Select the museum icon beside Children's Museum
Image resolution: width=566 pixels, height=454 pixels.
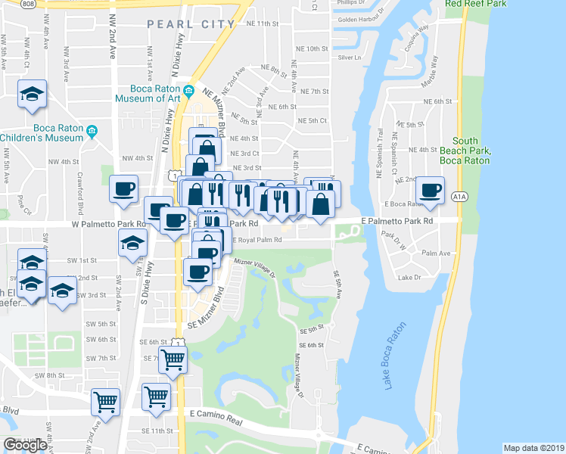pyautogui.click(x=92, y=132)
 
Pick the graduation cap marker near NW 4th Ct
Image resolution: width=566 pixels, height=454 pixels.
pyautogui.click(x=32, y=94)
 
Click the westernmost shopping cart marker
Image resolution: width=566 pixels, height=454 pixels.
pyautogui.click(x=105, y=401)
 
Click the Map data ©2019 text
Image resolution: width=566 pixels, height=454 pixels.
pyautogui.click(x=533, y=448)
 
